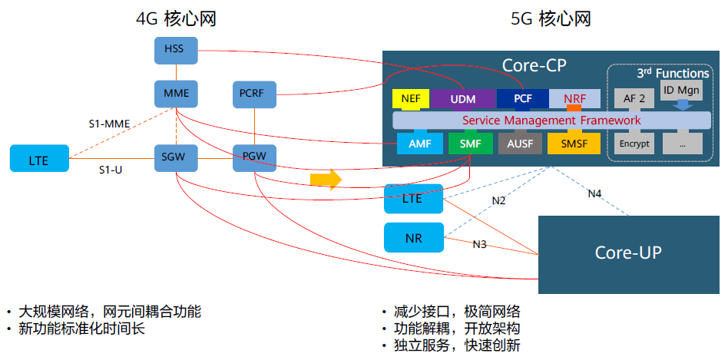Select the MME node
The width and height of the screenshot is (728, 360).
176,94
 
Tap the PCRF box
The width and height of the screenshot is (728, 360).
253,94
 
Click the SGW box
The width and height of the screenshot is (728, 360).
176,157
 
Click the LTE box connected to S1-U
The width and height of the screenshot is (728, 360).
39,159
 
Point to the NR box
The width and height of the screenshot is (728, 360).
413,237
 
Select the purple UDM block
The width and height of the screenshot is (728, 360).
462,99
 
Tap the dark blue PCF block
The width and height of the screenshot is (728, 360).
522,99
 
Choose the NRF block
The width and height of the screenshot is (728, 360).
574,99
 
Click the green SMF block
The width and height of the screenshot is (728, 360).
469,143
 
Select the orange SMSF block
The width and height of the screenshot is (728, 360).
573,143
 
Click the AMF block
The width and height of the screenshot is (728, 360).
419,143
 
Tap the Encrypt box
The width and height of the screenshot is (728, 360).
635,143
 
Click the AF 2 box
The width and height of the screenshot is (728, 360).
635,99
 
